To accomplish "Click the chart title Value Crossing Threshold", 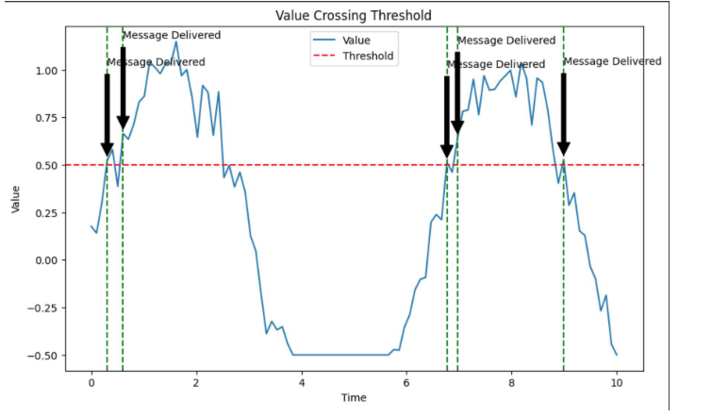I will pyautogui.click(x=354, y=16).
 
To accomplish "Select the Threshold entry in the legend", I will pyautogui.click(x=368, y=57).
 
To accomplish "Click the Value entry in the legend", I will pyautogui.click(x=356, y=41).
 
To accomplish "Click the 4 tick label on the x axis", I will pyautogui.click(x=302, y=384).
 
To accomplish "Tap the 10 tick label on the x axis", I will pyautogui.click(x=617, y=384).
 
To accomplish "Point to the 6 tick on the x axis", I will pyautogui.click(x=406, y=384).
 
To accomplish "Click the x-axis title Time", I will pyautogui.click(x=354, y=398).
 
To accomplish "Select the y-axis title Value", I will pyautogui.click(x=16, y=198).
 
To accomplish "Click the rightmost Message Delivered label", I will pyautogui.click(x=612, y=62).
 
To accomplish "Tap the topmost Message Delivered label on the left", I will pyautogui.click(x=171, y=36).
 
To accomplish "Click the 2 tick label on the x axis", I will pyautogui.click(x=196, y=384).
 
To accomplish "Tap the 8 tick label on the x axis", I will pyautogui.click(x=511, y=384).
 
